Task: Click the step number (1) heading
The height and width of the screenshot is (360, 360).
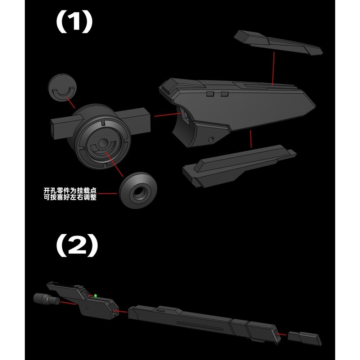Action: point(74,22)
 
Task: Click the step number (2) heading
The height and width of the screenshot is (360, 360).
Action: point(77,246)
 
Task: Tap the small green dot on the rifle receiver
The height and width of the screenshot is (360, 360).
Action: point(95,296)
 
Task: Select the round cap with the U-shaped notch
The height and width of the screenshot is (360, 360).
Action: point(62,87)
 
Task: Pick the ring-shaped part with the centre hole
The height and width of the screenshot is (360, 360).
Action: point(138,190)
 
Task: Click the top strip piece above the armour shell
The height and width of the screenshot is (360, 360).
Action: point(278,43)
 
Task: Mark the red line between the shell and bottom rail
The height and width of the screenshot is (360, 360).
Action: point(251,139)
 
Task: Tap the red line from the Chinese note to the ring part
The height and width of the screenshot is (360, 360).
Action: point(107,194)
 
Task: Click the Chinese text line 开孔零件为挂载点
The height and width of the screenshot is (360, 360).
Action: point(70,190)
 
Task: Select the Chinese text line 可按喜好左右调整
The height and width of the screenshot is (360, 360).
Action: point(70,197)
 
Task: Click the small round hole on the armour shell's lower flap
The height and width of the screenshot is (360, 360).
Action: point(211,139)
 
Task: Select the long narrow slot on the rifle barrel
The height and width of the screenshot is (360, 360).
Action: point(200,326)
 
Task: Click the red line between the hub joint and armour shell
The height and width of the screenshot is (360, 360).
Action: point(168,115)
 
